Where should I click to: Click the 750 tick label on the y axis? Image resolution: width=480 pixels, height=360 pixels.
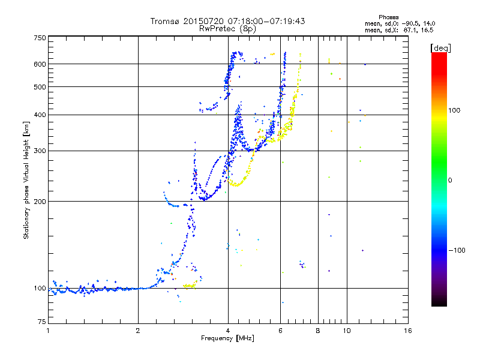(40, 37)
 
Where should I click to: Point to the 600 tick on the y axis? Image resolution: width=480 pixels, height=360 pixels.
(40, 64)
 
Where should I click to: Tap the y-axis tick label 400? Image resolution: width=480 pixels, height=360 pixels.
(40, 115)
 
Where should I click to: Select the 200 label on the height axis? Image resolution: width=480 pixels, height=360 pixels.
(40, 201)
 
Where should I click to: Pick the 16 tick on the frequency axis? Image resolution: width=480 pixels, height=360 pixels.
(408, 331)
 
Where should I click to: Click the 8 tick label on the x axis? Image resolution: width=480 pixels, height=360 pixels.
(318, 331)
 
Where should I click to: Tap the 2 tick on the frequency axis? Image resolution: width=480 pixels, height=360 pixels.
(138, 331)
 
